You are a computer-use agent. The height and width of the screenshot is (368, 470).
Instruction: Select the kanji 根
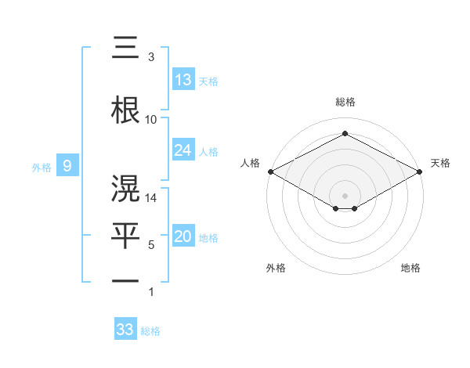(x=126, y=108)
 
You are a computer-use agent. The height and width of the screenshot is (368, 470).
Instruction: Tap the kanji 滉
(x=126, y=189)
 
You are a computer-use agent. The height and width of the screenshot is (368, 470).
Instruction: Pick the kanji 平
(x=126, y=233)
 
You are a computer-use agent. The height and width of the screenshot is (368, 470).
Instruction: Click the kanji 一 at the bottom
(x=126, y=280)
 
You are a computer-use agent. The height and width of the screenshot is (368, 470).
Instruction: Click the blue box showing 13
(x=183, y=79)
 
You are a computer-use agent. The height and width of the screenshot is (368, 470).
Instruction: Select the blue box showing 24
(x=183, y=150)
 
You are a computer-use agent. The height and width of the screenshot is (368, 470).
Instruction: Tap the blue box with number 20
(x=183, y=236)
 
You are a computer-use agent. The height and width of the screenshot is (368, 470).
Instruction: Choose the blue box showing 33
(x=125, y=330)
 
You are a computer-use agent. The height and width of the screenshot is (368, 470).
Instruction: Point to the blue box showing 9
(x=68, y=165)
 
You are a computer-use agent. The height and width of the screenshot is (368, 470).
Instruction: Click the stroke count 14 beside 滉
(x=151, y=199)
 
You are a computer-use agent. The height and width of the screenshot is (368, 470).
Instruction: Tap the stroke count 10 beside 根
(x=151, y=119)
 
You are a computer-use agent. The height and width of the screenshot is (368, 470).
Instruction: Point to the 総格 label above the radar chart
(x=345, y=103)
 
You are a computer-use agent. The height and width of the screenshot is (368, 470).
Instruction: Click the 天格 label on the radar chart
(x=440, y=163)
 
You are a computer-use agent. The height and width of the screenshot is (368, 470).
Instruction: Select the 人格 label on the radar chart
(x=251, y=163)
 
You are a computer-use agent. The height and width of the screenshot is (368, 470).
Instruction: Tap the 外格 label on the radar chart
(x=276, y=269)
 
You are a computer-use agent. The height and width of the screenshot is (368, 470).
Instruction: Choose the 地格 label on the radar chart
(x=410, y=269)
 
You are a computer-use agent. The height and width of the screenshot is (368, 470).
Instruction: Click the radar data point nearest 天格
(x=420, y=171)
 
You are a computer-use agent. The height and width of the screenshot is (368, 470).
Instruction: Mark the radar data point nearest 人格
(x=270, y=171)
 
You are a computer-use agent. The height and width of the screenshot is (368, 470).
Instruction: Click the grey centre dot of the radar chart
(x=345, y=195)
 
